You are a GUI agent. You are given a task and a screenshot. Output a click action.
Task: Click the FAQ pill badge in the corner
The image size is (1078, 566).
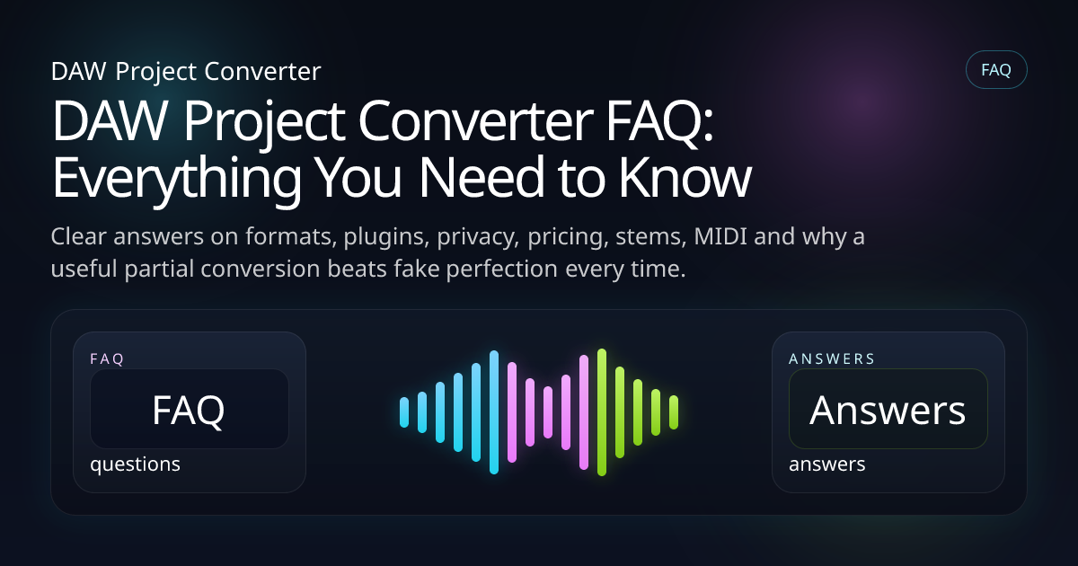(x=995, y=70)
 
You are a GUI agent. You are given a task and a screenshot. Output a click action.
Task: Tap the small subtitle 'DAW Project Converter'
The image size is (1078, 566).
(x=186, y=71)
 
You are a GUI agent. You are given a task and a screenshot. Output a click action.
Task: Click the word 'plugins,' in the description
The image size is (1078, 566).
(x=365, y=238)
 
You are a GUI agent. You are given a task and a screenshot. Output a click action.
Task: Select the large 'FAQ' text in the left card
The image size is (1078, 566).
(x=189, y=410)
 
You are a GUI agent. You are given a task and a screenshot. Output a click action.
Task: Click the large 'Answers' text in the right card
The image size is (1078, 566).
(x=888, y=410)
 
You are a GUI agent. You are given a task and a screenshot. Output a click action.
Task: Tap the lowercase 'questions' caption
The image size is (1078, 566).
(x=135, y=464)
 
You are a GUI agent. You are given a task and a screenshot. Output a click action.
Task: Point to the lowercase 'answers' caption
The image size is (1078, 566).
(x=826, y=464)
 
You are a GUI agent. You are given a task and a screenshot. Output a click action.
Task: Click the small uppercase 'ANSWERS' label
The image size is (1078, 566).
(x=832, y=358)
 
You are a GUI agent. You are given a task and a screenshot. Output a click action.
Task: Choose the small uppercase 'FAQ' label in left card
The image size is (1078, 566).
(x=107, y=358)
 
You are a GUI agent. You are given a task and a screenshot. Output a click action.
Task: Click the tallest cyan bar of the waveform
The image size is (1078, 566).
(x=494, y=411)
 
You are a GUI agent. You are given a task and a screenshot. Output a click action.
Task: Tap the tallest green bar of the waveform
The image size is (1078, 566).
(x=602, y=411)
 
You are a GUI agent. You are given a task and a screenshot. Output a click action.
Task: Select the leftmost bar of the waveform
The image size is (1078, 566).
(x=404, y=411)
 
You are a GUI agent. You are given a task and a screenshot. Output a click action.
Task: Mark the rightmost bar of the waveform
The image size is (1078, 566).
(x=674, y=411)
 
